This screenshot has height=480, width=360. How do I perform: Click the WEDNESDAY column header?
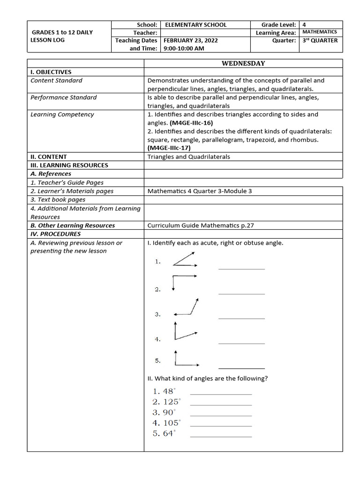[x=243, y=63]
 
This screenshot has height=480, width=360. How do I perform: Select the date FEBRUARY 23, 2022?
[x=190, y=40]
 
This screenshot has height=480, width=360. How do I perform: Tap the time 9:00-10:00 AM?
[x=184, y=48]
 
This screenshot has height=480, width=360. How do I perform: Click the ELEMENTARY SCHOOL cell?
[x=195, y=25]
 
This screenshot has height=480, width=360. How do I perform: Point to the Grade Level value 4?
[x=305, y=25]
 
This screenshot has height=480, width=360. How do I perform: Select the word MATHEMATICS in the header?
[x=319, y=32]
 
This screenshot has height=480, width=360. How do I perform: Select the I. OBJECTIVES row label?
[x=51, y=72]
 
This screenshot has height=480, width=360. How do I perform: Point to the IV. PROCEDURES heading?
[x=56, y=234]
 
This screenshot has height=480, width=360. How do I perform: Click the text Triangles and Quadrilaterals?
[x=188, y=157]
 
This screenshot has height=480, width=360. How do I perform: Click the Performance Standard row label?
[x=64, y=97]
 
